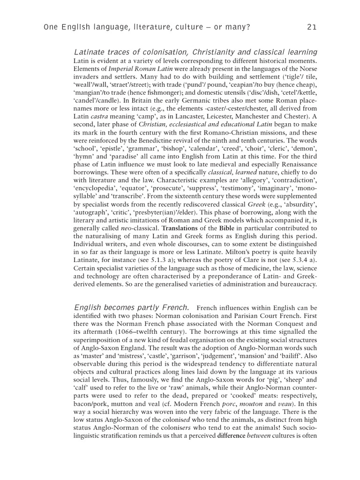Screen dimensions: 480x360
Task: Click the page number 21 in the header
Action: point(312,27)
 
